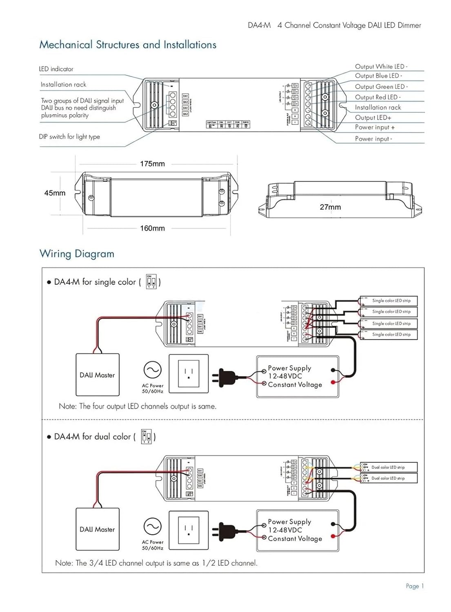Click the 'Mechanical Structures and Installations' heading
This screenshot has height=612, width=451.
[128, 44]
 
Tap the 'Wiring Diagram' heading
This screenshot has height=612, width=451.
[77, 254]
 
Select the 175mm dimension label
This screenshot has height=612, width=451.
[152, 164]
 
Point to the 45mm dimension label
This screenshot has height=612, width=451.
[55, 193]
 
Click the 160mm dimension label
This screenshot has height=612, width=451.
[152, 228]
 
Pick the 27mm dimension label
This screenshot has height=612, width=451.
[330, 207]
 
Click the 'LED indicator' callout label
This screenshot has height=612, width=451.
[56, 69]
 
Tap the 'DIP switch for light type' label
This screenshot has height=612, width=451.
[69, 137]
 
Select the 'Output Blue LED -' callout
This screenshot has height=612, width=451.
[378, 76]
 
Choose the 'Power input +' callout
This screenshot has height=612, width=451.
[375, 127]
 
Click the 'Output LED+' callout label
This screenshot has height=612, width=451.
[373, 118]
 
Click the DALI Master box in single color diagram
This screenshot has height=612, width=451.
[98, 375]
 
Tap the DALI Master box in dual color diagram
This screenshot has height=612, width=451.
[98, 529]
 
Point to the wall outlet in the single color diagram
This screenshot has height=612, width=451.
[189, 374]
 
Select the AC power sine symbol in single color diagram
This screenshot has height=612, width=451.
[152, 370]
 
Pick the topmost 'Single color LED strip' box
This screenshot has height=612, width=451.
[389, 301]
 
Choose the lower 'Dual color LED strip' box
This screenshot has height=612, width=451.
[389, 478]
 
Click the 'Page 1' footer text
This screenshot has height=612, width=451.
[415, 586]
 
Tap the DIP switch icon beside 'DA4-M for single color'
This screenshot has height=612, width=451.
[151, 282]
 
